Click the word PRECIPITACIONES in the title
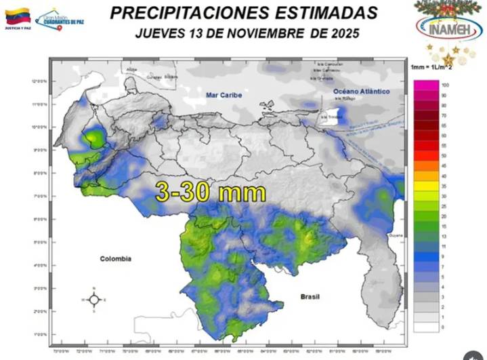point(176,12)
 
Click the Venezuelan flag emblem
point(18,16)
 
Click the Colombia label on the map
point(115,258)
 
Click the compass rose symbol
point(94,299)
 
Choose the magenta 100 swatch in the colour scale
point(425,85)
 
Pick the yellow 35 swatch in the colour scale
point(425,184)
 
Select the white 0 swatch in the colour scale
point(425,326)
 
